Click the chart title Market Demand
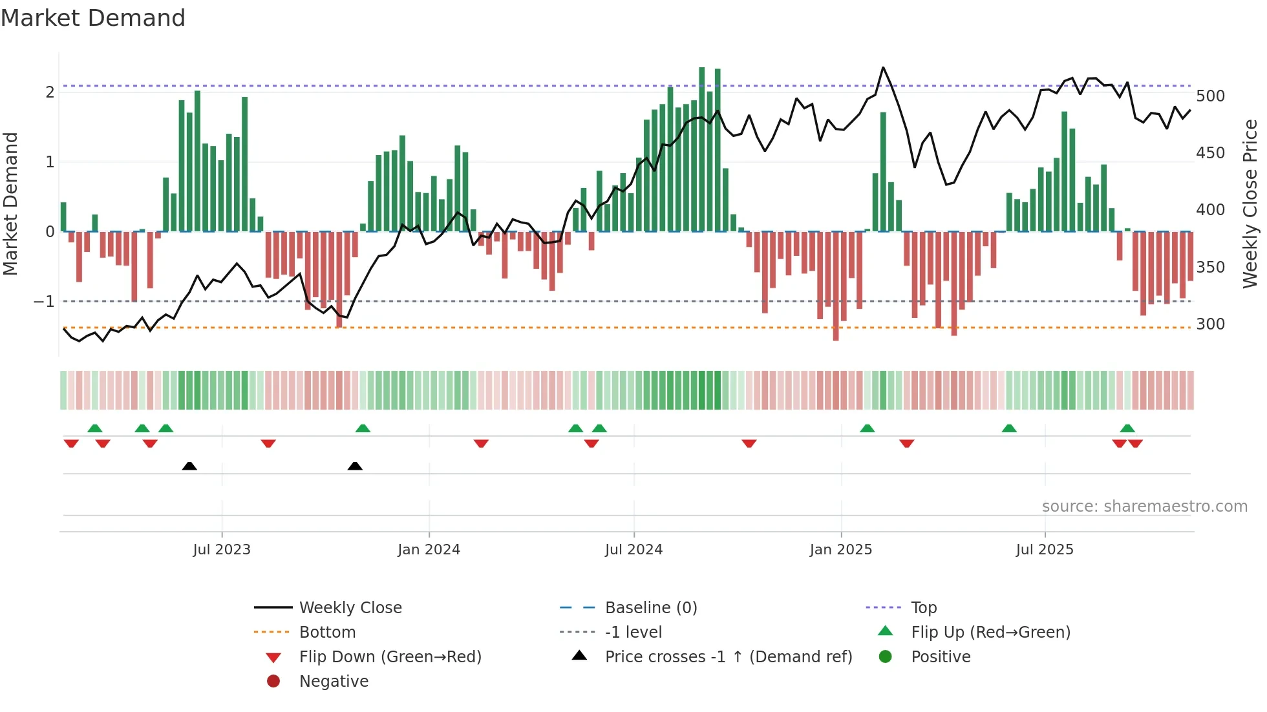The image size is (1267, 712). coord(93,18)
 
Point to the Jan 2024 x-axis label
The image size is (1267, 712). coord(429,550)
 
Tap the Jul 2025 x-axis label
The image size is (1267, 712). coord(1044,550)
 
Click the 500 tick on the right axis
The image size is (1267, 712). coord(1210,96)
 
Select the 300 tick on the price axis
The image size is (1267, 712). coord(1210,324)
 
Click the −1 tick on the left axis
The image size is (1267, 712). coord(44,302)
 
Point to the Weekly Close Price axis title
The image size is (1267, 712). coord(1250,204)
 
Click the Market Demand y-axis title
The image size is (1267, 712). coord(11,204)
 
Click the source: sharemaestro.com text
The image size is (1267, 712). coord(1144,507)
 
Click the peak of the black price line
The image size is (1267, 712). coord(883,67)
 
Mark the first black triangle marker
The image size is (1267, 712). coord(189,466)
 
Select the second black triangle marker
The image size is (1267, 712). coord(355,466)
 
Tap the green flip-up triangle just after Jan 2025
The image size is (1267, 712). coord(868,428)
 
